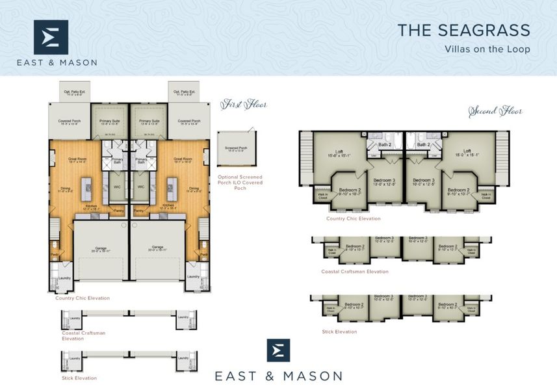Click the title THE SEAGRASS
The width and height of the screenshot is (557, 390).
tap(463, 30)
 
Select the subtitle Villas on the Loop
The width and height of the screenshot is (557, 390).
tap(487, 49)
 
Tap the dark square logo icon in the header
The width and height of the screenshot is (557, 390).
tap(51, 37)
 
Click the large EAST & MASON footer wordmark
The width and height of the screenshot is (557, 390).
tap(279, 376)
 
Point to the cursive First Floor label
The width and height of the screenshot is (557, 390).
tap(244, 104)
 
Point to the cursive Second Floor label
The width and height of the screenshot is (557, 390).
tap(496, 111)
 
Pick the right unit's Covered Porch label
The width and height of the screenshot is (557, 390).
tap(188, 122)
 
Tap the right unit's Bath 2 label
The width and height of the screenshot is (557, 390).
tap(424, 144)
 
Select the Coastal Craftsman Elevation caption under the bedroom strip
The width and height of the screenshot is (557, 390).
tap(354, 271)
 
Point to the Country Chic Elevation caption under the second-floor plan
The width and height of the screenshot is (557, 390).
tap(354, 218)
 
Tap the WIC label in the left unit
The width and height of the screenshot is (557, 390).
tap(117, 187)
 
